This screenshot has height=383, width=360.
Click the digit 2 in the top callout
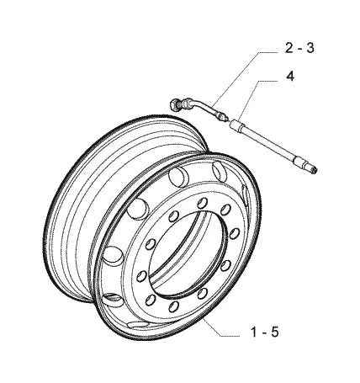pos(290,48)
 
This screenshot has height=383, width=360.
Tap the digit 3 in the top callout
pos(310,48)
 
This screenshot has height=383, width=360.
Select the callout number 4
pos(290,77)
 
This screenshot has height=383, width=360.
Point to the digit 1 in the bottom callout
pos(254,332)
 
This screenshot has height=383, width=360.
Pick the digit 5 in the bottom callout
pos(274,332)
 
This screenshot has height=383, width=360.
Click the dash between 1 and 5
pos(264,333)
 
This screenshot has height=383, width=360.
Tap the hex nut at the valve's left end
pos(175,105)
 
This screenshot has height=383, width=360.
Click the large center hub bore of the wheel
pos(188,254)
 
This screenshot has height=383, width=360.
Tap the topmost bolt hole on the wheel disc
pos(202,203)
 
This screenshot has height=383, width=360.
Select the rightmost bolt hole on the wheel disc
pos(235,233)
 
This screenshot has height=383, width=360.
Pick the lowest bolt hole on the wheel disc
pos(174,306)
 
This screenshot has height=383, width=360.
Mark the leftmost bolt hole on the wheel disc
pos(141,276)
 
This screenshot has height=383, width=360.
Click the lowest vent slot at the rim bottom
pos(137,325)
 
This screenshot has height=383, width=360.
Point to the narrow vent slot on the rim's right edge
pos(246,194)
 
